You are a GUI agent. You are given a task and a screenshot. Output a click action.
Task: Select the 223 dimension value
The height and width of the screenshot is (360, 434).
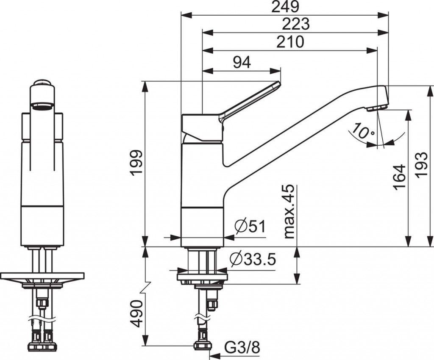[296, 24]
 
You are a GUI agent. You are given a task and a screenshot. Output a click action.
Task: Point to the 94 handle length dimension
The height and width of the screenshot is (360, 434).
[242, 62]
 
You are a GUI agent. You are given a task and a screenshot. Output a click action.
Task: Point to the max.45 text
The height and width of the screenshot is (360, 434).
[289, 212]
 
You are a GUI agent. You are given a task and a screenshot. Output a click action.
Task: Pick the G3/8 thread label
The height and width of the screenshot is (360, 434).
[242, 348]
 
